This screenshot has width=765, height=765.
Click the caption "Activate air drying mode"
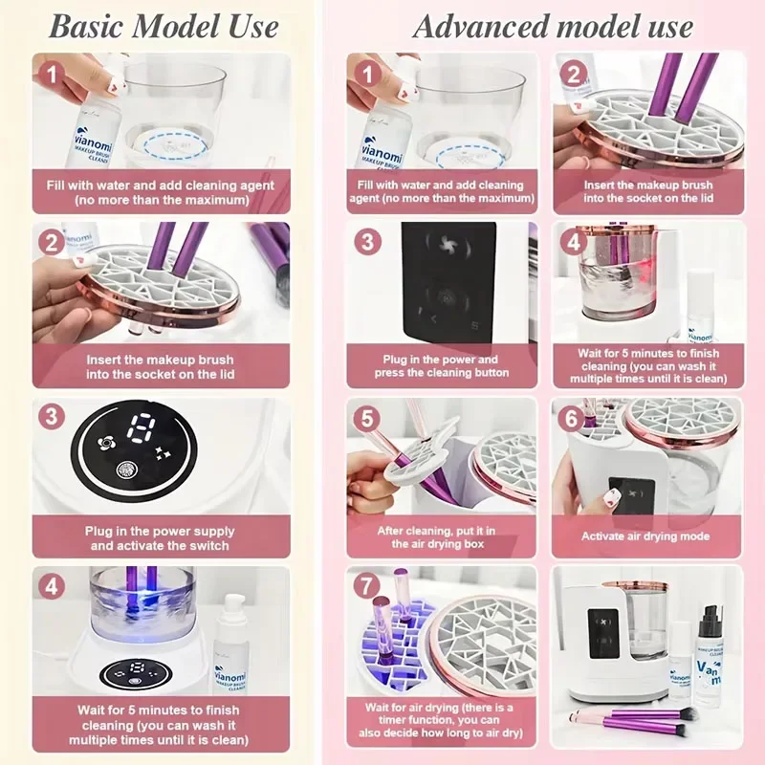pyautogui.click(x=647, y=537)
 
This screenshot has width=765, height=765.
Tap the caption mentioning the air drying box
pyautogui.click(x=437, y=537)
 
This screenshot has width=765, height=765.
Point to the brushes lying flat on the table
pyautogui.click(x=631, y=720)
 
